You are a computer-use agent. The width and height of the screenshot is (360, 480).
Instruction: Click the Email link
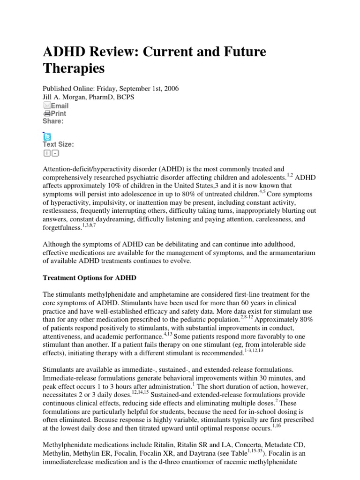pos(60,106)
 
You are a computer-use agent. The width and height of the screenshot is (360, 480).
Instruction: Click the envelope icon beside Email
pos(47,106)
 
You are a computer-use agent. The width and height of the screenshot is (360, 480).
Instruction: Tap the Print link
pos(59,113)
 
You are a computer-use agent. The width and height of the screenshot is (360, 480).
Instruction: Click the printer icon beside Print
pos(47,113)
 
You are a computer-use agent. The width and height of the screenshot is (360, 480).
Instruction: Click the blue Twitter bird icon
pos(47,136)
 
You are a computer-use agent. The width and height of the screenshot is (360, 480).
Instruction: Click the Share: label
pos(53,121)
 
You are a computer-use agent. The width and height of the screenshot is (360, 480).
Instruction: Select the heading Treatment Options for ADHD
pos(90,277)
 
